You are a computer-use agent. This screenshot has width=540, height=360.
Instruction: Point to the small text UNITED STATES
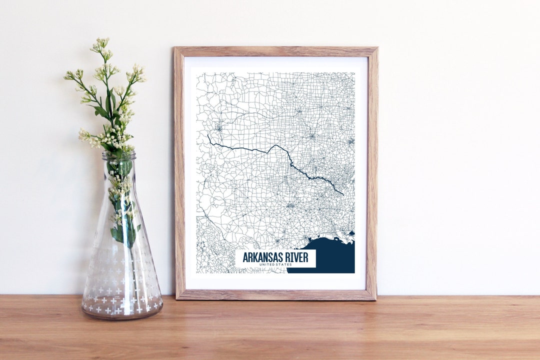pos(275,264)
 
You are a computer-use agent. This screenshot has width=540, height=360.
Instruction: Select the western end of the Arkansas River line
pos(208,135)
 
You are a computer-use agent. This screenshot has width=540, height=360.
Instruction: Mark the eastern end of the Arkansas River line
pos(343,194)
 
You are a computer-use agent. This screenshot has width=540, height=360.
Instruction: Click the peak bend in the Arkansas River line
pos(274,145)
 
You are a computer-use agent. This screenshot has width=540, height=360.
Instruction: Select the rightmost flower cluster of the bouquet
pos(137,74)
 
